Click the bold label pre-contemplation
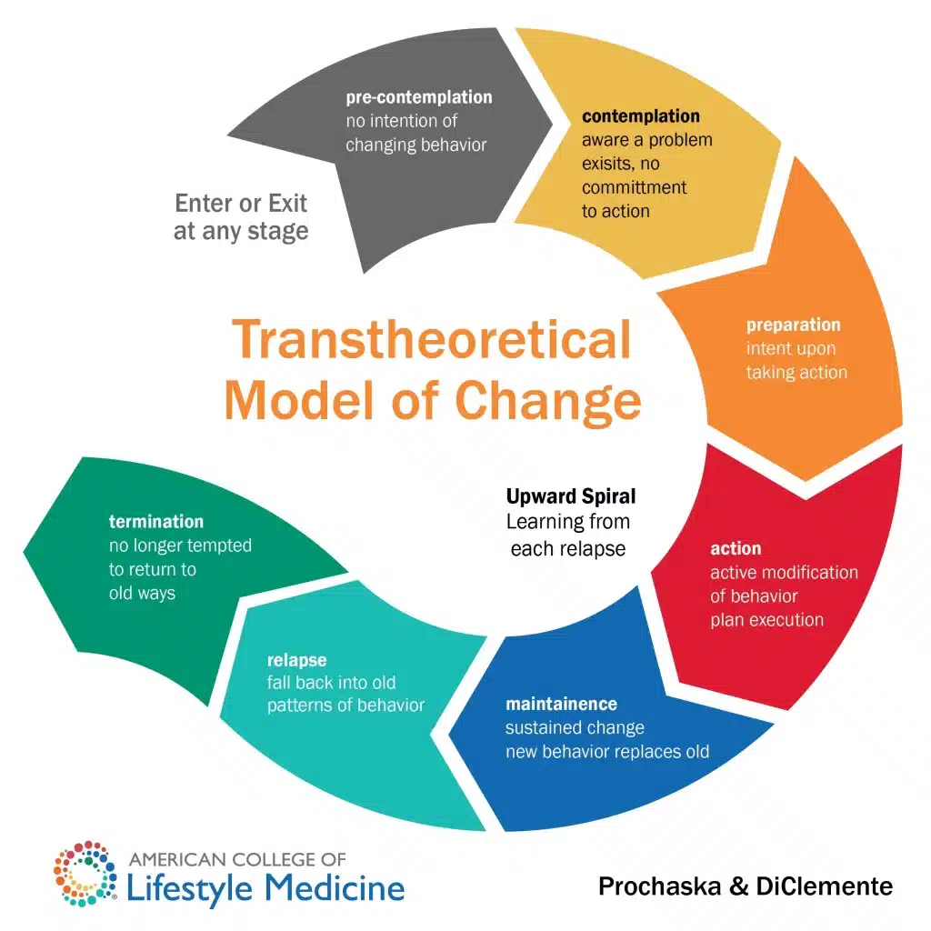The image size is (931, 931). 419,97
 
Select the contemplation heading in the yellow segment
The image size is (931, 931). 641,116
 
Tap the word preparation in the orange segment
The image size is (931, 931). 794,325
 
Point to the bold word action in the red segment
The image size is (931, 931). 736,548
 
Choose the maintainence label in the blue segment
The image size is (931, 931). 561,704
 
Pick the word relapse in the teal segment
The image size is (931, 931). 296,659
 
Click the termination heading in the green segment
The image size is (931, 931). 156,522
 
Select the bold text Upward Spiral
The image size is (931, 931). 571,496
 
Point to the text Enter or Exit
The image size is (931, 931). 241,203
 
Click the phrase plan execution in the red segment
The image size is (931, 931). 767,620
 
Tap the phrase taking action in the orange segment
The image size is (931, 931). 796,372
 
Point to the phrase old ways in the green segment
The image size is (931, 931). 142,593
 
